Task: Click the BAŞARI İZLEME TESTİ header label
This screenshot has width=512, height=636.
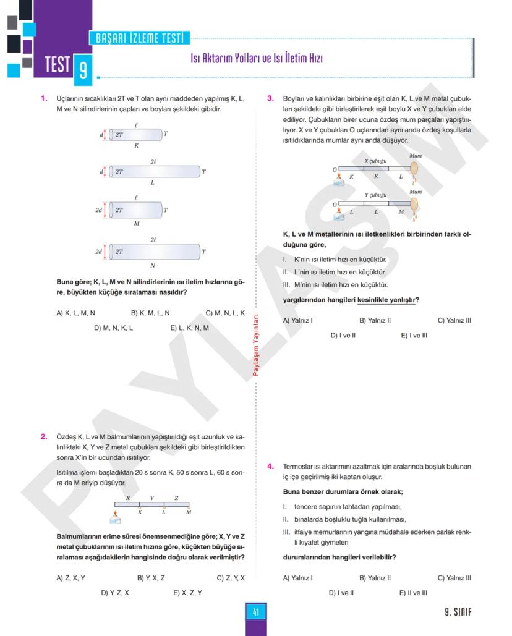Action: (x=139, y=38)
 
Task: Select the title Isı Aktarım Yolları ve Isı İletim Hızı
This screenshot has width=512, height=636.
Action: (x=256, y=59)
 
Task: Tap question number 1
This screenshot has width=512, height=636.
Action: (x=44, y=98)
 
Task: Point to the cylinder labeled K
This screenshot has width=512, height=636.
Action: (x=136, y=134)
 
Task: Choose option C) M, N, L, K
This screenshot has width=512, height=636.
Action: (x=225, y=313)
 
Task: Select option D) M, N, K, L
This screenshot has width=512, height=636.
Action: (x=113, y=328)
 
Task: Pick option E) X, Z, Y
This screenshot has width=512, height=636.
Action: (x=188, y=593)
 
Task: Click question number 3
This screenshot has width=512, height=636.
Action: (x=270, y=98)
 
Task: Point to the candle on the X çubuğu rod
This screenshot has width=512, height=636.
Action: (x=414, y=169)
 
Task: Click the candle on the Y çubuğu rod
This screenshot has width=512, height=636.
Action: (x=414, y=203)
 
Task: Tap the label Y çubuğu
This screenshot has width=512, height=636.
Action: (x=375, y=195)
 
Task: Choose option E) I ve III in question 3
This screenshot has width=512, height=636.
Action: (x=414, y=336)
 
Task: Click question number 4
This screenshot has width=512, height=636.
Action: (x=270, y=466)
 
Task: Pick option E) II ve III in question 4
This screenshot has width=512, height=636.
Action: (x=413, y=593)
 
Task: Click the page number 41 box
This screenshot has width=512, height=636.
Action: (x=255, y=612)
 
